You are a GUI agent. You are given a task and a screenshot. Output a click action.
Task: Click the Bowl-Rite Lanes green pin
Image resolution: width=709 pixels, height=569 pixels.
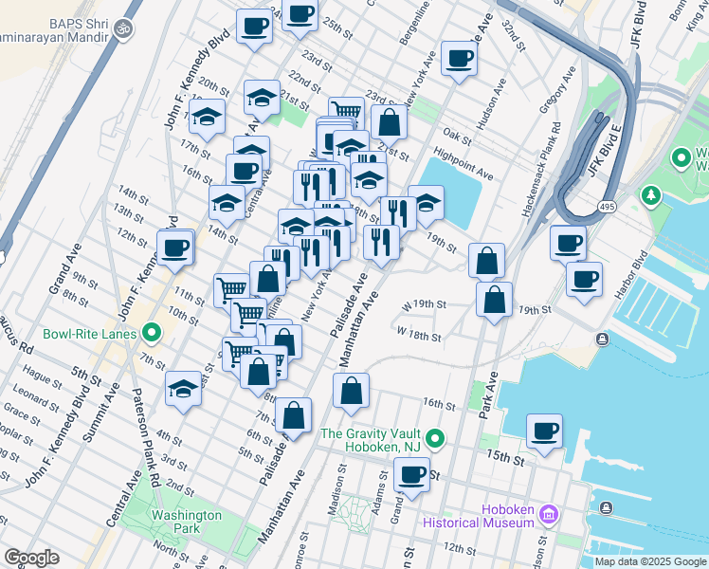pos(150,333)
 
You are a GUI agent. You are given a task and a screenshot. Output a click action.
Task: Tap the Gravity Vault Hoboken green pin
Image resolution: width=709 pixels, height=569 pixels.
pos(435,437)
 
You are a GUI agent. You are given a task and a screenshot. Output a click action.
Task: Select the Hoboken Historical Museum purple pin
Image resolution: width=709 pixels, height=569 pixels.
pos(548,515)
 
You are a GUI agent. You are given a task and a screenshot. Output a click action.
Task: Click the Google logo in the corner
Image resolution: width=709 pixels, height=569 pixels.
pos(31,558)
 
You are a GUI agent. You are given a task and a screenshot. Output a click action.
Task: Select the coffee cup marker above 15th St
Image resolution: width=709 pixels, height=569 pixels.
pos(544,431)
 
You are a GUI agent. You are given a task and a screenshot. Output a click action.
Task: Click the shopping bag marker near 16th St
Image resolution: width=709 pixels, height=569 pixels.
pos(351,391)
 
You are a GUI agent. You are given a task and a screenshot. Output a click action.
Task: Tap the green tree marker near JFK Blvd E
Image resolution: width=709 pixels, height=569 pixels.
pos(650,196)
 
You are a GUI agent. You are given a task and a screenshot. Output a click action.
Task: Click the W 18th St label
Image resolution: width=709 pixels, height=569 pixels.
pos(419,335)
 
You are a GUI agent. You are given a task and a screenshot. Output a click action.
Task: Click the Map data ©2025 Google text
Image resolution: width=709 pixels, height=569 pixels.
pos(649,561)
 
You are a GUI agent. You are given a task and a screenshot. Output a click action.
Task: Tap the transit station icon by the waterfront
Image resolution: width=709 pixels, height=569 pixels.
pos(602,340)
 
